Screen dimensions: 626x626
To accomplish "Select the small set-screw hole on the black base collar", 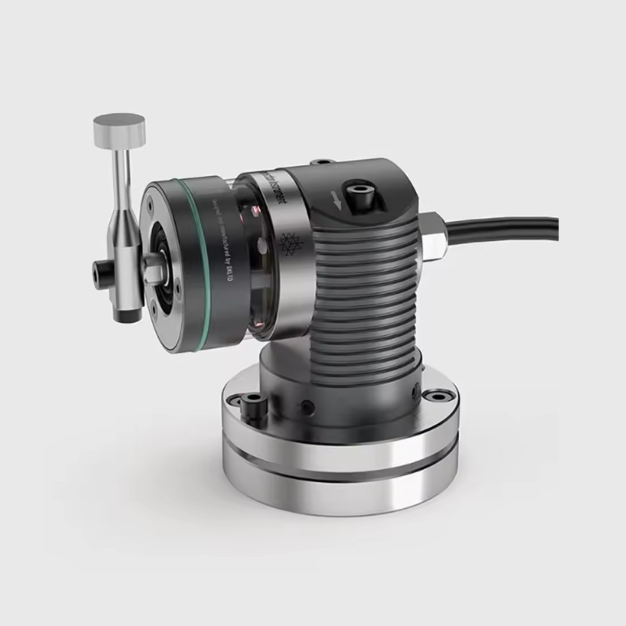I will pos(305,407).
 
